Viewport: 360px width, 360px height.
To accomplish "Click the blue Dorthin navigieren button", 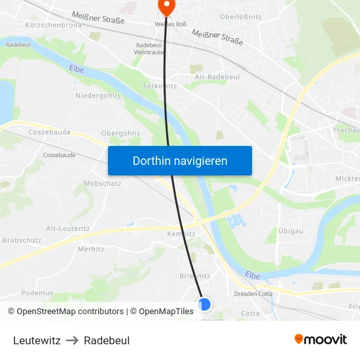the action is tap(179, 160).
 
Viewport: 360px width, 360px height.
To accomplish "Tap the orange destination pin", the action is tap(166, 6).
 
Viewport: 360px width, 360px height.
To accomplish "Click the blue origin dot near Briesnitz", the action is tap(204, 304).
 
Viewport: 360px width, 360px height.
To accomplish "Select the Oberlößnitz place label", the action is tap(241, 16).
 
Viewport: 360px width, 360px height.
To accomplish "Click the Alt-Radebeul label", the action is tap(217, 77).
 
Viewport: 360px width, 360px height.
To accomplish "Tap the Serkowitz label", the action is tap(160, 86).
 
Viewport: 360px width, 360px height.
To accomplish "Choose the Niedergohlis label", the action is tap(97, 95).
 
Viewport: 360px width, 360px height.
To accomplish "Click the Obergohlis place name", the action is tap(120, 133).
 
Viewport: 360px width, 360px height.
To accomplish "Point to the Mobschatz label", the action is tap(102, 183).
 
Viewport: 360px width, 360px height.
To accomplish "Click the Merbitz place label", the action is tap(91, 249).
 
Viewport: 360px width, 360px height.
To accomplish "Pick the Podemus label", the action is tap(37, 293).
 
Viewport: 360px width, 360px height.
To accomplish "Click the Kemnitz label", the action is tap(181, 234).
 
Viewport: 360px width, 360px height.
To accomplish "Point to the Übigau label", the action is tap(290, 231).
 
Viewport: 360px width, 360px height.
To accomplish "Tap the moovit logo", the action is tap(321, 340).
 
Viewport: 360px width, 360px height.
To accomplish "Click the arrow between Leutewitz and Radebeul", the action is tap(72, 340).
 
